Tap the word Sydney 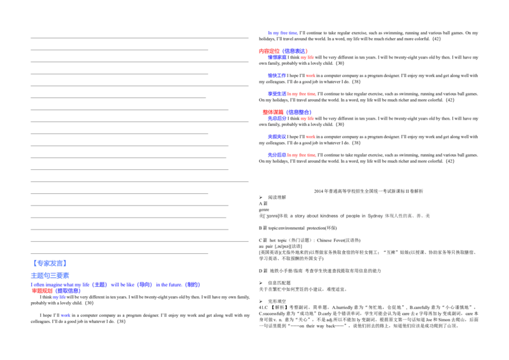pyautogui.click(x=375, y=216)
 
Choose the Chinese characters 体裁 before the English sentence pyautogui.click(x=283, y=216)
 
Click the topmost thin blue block pyautogui.click(x=282, y=33)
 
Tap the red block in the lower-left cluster pyautogui.click(x=43, y=291)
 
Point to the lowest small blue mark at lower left pyautogui.click(x=66, y=315)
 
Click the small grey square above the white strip pyautogui.click(x=257, y=211)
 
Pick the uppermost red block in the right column pyautogui.click(x=268, y=51)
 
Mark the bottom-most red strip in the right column pyautogui.click(x=301, y=155)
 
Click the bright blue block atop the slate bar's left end pyautogui.click(x=50, y=263)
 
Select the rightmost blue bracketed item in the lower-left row pyautogui.click(x=193, y=284)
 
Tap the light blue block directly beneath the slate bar pyautogui.click(x=51, y=275)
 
